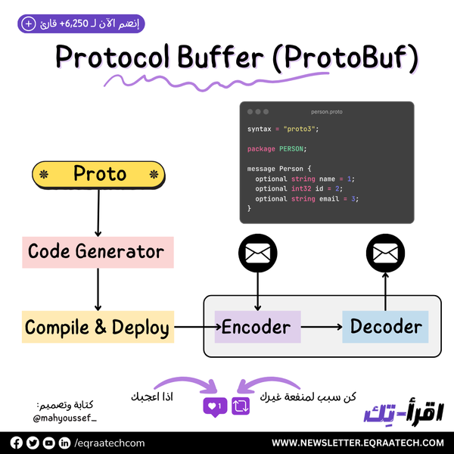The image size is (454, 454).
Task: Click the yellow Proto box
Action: coord(98,175)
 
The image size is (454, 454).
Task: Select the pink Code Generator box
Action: coord(98,251)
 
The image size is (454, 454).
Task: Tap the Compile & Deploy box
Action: coord(98,328)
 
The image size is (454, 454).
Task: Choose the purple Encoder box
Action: coord(257,328)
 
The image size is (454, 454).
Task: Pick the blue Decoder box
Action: coord(385,328)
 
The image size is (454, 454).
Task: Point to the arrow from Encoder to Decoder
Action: coord(321,328)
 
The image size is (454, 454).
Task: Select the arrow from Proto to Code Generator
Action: coord(98,212)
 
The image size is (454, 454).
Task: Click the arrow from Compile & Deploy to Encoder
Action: coord(194,328)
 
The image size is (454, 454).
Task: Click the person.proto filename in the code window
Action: coord(326,112)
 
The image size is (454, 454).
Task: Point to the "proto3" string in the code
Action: coord(301,129)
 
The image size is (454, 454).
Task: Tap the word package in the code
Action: coord(261,149)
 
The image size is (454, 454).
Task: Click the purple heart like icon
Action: coord(215,407)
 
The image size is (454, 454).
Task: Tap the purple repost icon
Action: coord(241,407)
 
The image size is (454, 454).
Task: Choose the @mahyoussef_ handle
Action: coord(65,418)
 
